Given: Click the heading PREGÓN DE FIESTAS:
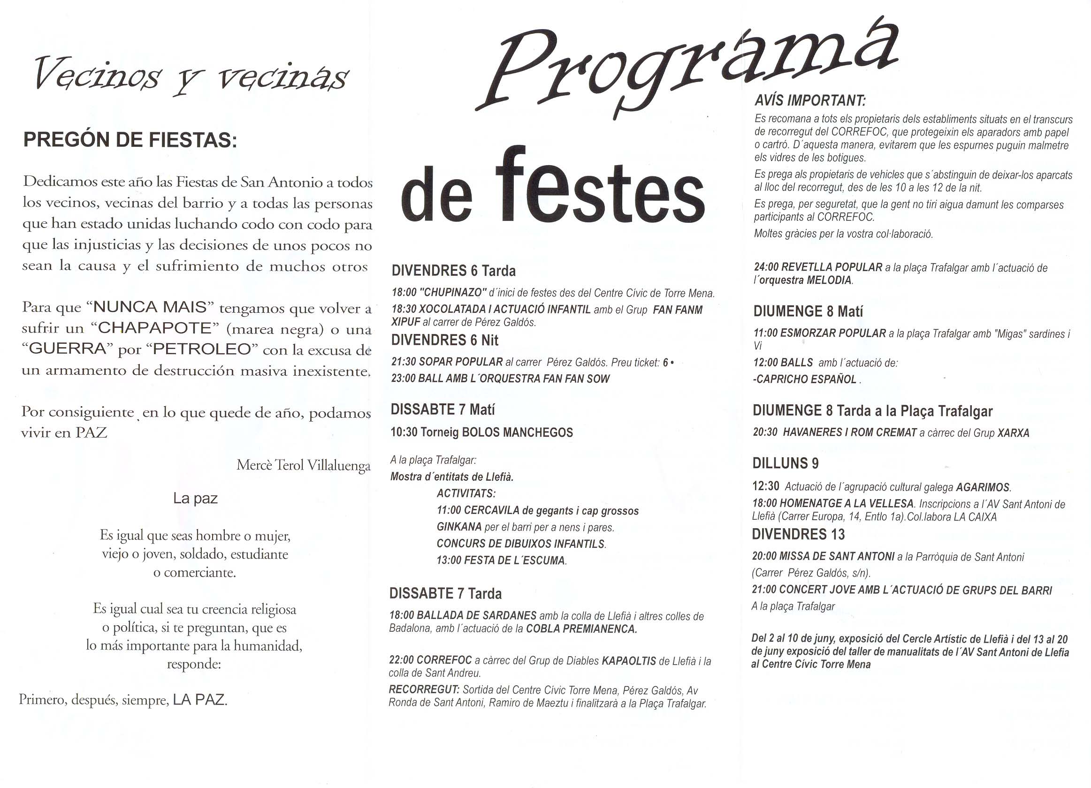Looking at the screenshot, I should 130,140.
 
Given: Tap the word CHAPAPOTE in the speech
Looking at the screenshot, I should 154,328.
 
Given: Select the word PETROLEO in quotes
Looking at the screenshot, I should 202,349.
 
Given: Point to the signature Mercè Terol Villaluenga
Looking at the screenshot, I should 304,465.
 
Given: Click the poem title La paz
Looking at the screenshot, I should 195,499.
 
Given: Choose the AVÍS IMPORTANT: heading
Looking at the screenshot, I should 810,100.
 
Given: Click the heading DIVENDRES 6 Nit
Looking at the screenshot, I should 444,341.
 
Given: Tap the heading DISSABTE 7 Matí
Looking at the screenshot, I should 443,409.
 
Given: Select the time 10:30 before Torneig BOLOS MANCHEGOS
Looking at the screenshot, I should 404,432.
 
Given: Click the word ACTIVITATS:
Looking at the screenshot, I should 466,493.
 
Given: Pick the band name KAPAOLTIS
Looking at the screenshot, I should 629,661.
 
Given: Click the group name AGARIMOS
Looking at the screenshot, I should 983,487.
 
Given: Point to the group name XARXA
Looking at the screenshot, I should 1013,433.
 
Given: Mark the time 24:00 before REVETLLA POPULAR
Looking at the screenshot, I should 766,267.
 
